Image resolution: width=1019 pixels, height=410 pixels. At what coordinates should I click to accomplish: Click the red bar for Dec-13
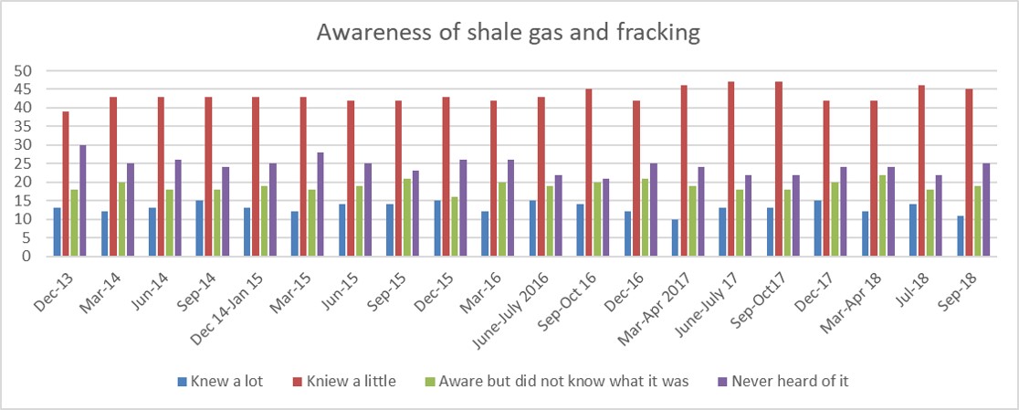pos(66,184)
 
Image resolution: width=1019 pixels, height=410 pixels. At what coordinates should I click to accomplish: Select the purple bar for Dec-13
pos(82,201)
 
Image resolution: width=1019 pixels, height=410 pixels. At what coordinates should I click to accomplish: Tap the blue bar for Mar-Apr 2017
pos(675,237)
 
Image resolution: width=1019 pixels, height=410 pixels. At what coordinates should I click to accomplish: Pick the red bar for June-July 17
pos(731,169)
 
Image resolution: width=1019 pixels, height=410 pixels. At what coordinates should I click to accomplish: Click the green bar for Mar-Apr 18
pos(883,216)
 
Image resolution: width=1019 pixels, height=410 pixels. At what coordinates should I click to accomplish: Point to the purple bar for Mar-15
pos(320,205)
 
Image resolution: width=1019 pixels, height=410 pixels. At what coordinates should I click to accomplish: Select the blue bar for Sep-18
pos(960,236)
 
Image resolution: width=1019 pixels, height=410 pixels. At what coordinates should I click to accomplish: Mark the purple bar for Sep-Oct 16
pos(605,217)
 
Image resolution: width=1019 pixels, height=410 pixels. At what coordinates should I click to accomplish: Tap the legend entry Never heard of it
pos(783,382)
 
